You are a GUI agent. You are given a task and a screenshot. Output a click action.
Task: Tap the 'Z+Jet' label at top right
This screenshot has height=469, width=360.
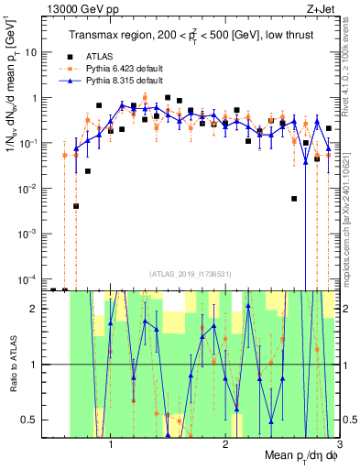(x=322, y=8)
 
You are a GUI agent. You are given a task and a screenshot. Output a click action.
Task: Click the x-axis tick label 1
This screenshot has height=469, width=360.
(x=111, y=442)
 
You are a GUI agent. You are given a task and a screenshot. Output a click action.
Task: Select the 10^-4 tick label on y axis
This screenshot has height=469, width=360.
(x=33, y=278)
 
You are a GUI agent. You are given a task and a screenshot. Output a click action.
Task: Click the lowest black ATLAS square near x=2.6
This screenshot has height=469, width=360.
(x=294, y=198)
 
